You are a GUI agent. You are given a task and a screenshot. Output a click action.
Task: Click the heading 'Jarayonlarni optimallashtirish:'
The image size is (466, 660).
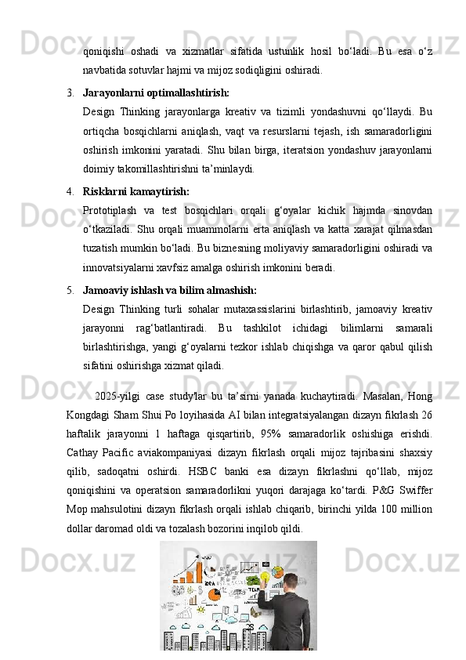[x=156, y=92]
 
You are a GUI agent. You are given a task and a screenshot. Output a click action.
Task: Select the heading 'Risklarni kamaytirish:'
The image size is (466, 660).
[x=135, y=190]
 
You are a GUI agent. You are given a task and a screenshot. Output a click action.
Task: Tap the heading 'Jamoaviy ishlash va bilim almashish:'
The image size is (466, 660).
[x=169, y=289]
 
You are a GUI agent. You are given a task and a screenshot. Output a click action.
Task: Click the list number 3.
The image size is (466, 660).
[x=70, y=92]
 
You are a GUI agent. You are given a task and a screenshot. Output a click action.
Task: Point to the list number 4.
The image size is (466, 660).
[x=70, y=190]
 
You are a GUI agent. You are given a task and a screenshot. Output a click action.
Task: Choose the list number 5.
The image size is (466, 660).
[x=70, y=289]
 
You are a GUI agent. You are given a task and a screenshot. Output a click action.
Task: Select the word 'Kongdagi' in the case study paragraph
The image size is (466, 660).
[x=90, y=415]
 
